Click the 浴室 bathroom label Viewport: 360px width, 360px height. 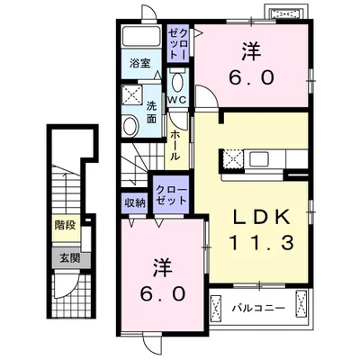point(140,64)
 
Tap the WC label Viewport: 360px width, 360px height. point(177,100)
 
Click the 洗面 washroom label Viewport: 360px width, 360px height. point(152,112)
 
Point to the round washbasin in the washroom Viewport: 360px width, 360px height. point(130,127)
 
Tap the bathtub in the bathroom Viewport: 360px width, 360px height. point(141,37)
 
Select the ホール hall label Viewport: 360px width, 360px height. point(175,146)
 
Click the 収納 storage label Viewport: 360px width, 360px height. point(135,203)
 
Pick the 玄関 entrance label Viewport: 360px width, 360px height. point(70,258)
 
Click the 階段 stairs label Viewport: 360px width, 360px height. point(65,225)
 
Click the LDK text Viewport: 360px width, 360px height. point(262,217)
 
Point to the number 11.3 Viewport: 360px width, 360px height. point(262,243)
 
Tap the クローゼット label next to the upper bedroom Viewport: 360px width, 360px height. point(178,44)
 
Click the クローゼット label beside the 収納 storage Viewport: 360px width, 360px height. point(171,196)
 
